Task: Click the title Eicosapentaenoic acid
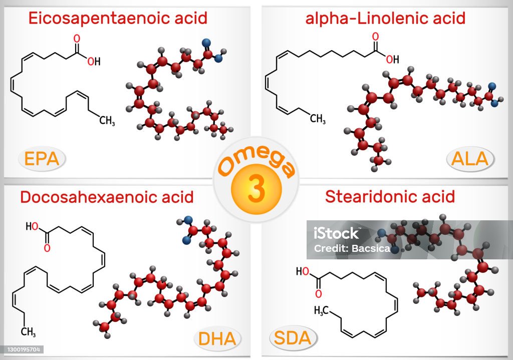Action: pyautogui.click(x=118, y=19)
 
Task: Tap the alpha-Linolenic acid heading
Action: pyautogui.click(x=385, y=19)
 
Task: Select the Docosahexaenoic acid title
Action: pyautogui.click(x=107, y=197)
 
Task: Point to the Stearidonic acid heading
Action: pyautogui.click(x=390, y=196)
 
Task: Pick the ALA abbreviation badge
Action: pyautogui.click(x=469, y=159)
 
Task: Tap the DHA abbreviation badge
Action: pyautogui.click(x=217, y=338)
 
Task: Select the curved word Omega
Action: pyautogui.click(x=255, y=161)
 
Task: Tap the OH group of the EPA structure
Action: pyautogui.click(x=94, y=62)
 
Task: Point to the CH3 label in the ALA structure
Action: pyautogui.click(x=318, y=119)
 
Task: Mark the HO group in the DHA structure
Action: pyautogui.click(x=33, y=226)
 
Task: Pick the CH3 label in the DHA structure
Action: pyautogui.click(x=28, y=331)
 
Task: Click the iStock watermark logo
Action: pyautogui.click(x=336, y=233)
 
